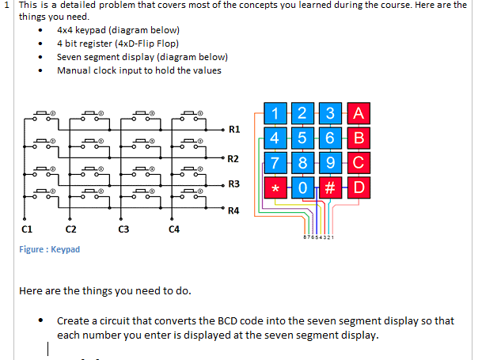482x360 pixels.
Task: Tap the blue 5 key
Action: tap(302, 138)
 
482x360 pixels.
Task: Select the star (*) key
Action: tap(274, 189)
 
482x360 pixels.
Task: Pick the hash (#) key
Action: tap(331, 189)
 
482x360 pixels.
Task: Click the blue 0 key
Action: tap(302, 189)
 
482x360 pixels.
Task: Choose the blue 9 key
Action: tap(331, 164)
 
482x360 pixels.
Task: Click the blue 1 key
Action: tap(274, 113)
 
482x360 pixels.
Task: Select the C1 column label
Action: tap(26, 229)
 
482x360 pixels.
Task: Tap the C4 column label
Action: tap(174, 229)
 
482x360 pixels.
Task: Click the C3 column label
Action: tap(123, 229)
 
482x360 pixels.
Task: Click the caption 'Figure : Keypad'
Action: tap(49, 249)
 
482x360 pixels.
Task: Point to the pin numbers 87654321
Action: tap(318, 237)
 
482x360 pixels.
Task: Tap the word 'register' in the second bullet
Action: tap(94, 44)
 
